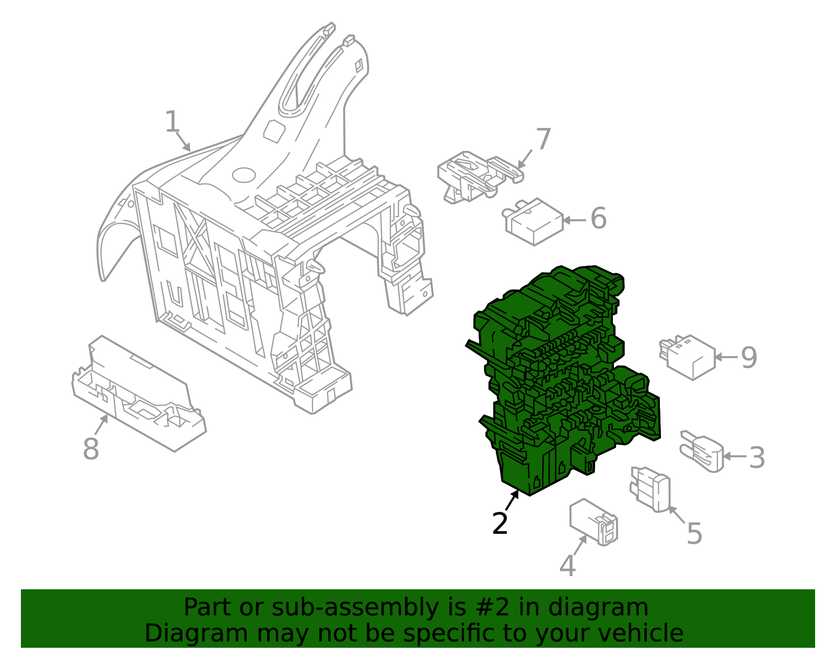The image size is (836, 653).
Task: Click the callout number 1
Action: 172,122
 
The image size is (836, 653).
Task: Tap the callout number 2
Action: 500,523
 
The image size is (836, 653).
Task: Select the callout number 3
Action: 757,457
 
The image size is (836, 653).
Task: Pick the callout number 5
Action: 694,534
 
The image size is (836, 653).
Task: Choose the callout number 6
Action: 598,218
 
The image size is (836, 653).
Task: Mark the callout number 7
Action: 543,139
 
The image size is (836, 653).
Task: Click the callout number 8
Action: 91,448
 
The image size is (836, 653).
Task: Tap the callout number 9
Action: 749,358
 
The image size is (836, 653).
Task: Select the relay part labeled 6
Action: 533,221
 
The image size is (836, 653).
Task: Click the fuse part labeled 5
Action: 650,488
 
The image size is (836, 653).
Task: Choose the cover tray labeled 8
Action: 138,393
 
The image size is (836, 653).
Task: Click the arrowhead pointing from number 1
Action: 187,147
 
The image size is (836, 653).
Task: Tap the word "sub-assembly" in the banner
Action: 355,608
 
